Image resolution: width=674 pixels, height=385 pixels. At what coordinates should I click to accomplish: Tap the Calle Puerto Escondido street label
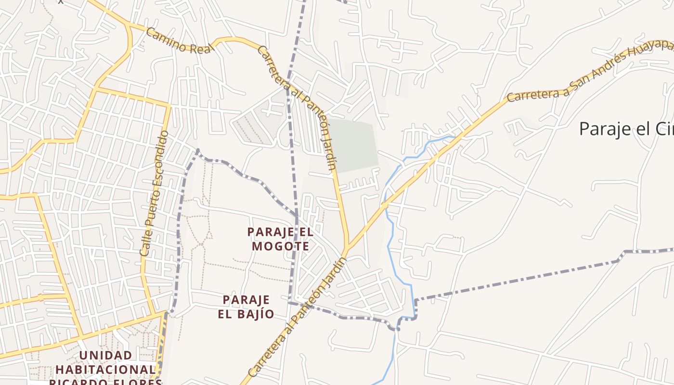[x=155, y=192]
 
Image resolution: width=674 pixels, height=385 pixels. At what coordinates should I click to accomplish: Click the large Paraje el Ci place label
[x=626, y=129]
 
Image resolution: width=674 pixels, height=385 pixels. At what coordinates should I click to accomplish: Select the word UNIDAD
[x=105, y=356]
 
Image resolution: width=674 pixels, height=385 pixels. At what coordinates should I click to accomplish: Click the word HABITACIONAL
[x=105, y=370]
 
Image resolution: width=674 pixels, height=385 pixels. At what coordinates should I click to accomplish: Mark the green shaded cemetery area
[x=354, y=144]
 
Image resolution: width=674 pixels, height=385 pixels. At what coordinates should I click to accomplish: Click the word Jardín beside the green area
[x=328, y=157]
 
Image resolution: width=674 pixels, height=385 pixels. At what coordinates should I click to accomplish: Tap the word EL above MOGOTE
[x=305, y=232]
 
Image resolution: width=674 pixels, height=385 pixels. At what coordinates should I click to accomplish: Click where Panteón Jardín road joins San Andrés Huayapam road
[x=346, y=250]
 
